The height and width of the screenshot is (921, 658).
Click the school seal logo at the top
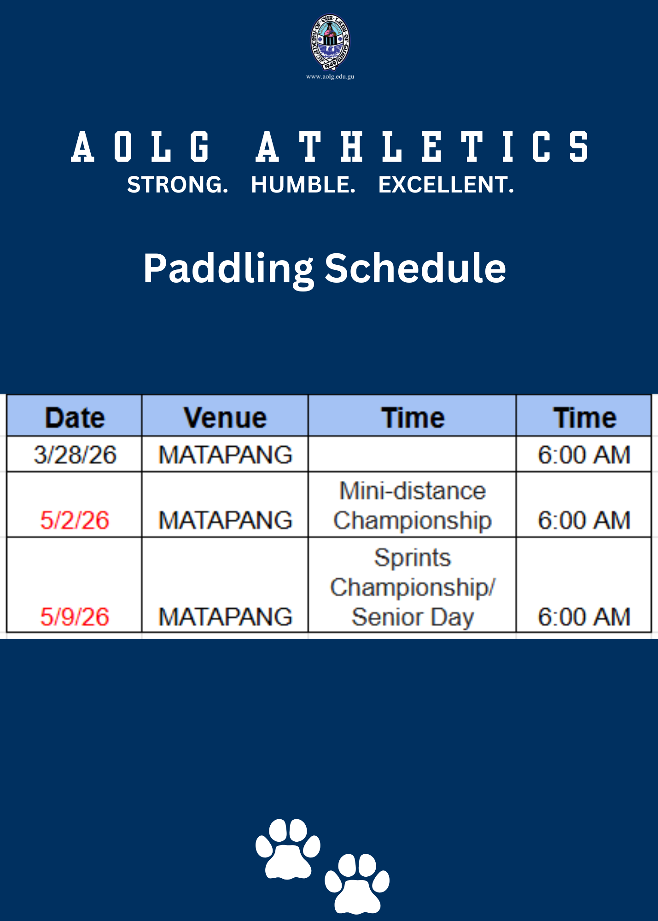[x=330, y=42]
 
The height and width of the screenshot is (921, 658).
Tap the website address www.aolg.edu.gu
[x=330, y=76]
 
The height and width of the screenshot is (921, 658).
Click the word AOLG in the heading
[x=141, y=146]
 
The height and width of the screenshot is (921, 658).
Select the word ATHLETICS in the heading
[x=422, y=146]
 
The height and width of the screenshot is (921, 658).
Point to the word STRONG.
[x=178, y=185]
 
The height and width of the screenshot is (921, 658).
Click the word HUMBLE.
[x=303, y=185]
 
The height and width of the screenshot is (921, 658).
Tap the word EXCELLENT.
[x=446, y=185]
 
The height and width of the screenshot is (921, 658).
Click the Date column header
[x=75, y=418]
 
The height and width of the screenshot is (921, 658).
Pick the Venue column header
[x=225, y=418]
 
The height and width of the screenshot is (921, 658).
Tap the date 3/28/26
[x=75, y=455]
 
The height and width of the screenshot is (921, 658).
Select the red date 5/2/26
[x=75, y=520]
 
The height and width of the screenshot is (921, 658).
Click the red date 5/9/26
[x=75, y=617]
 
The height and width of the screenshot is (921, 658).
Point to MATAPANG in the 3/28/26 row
[x=225, y=455]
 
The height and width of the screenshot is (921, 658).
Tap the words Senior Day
[x=413, y=617]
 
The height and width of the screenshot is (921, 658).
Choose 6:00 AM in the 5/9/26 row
[x=584, y=617]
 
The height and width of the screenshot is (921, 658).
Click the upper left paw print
[x=288, y=849]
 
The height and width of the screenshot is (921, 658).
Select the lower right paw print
[x=357, y=884]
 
